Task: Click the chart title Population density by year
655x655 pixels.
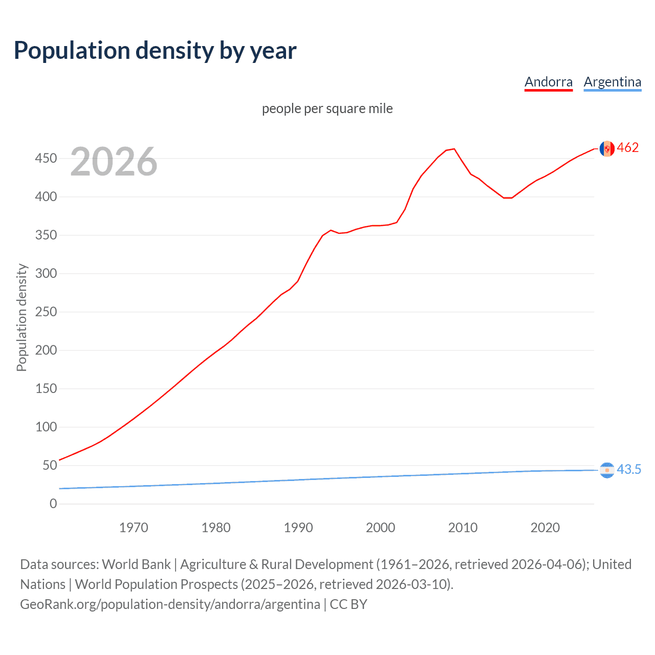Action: click(x=155, y=51)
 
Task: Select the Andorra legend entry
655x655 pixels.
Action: click(x=548, y=82)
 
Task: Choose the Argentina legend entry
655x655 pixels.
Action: click(x=612, y=82)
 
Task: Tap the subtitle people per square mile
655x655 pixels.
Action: click(x=327, y=108)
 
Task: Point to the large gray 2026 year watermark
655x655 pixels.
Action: click(x=114, y=162)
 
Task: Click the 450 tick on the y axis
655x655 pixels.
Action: click(x=46, y=159)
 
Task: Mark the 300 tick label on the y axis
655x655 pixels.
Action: click(x=46, y=274)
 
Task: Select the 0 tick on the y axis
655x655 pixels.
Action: click(x=53, y=504)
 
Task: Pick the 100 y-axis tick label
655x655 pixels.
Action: click(x=46, y=427)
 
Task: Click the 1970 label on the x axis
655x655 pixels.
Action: click(x=134, y=528)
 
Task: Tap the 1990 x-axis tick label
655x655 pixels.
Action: click(x=298, y=528)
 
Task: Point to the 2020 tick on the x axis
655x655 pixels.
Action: click(x=545, y=528)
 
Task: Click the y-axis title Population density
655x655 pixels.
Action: click(x=21, y=317)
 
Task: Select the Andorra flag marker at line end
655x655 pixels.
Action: click(x=607, y=148)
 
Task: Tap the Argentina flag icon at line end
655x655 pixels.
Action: click(x=607, y=470)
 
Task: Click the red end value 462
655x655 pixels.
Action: click(x=628, y=148)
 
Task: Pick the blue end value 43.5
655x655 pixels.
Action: click(x=629, y=469)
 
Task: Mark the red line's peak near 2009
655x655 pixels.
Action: click(x=454, y=149)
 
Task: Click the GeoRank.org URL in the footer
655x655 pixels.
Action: click(x=170, y=604)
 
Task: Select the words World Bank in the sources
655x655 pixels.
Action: click(x=136, y=564)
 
